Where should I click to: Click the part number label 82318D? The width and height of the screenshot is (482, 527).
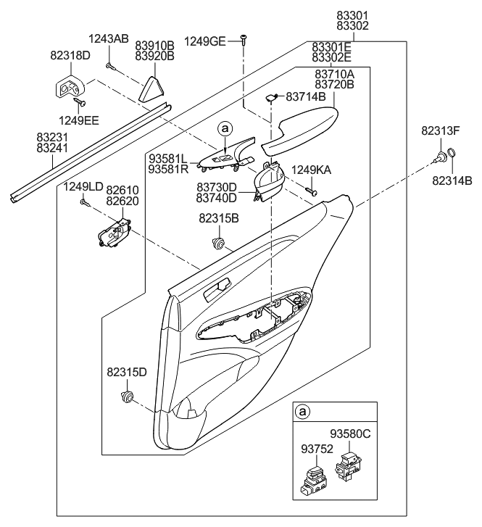coord(70,54)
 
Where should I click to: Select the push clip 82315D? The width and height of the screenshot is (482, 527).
coord(129,396)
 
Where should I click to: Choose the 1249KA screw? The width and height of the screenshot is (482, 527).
coord(312,191)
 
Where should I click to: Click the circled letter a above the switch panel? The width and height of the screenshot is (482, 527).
coord(225,128)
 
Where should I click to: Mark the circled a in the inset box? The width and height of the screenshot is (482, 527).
coord(304,412)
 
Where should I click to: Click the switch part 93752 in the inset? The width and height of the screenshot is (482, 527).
coord(317,478)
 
